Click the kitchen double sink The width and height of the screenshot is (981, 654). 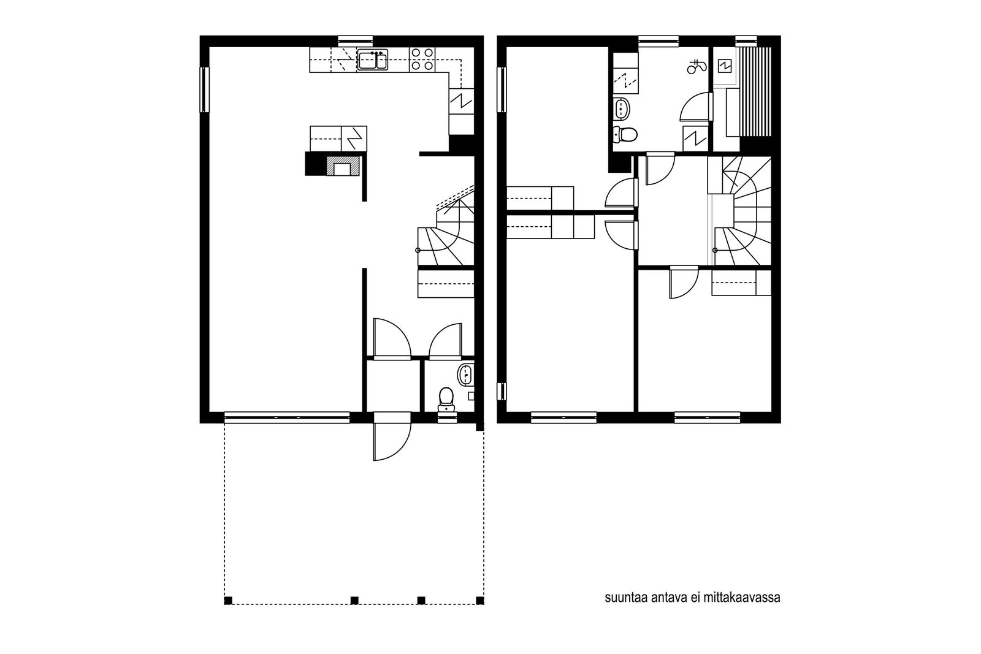point(372,59)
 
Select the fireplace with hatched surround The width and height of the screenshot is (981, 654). point(343,166)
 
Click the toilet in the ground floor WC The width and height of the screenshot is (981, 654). point(446,399)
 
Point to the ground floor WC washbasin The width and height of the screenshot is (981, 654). point(465,375)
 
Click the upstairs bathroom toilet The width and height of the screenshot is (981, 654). point(625,134)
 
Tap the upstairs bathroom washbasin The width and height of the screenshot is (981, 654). point(622,108)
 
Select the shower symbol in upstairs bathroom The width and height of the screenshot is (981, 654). point(697,67)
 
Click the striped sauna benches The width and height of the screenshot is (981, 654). point(755,92)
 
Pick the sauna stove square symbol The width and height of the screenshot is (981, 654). point(725,66)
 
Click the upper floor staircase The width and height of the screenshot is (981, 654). point(740,211)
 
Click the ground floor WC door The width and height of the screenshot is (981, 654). point(445,341)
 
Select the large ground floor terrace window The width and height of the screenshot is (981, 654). point(288,418)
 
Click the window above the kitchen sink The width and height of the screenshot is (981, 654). point(355,41)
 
